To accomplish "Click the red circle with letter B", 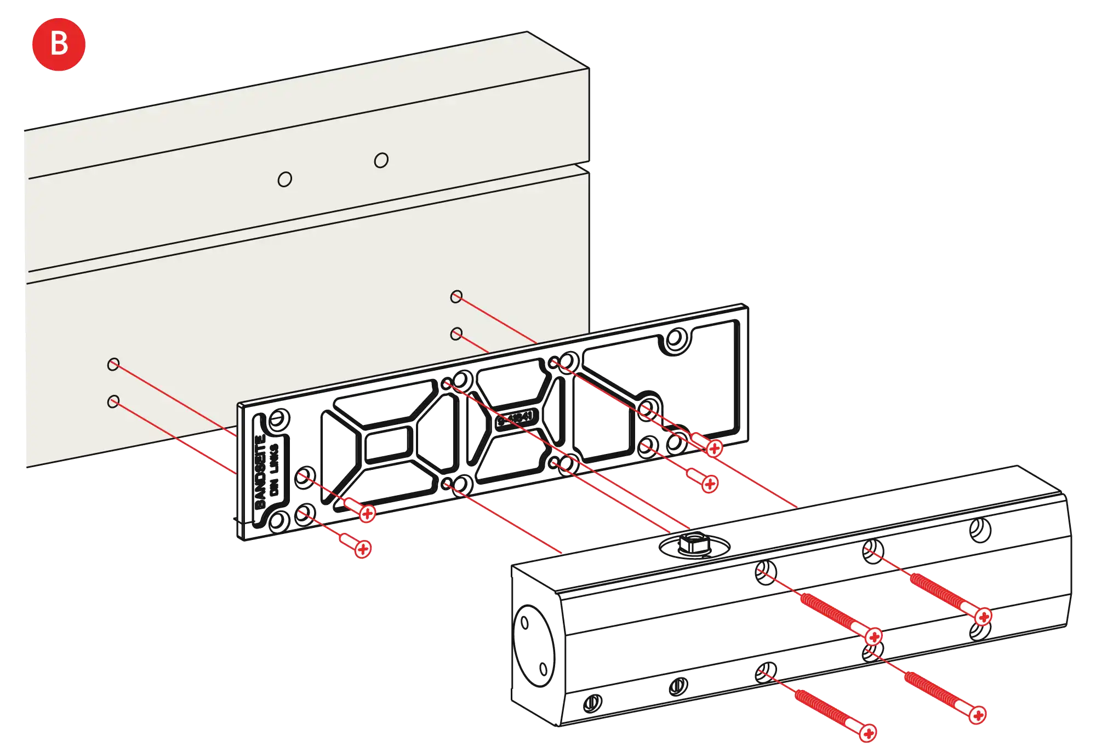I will tap(59, 44).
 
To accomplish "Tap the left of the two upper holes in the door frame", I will tap(284, 179).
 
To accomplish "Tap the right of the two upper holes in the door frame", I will tap(381, 160).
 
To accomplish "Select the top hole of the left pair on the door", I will tap(113, 364).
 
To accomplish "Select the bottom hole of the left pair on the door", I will tap(113, 402).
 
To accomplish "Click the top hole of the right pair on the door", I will tap(456, 296).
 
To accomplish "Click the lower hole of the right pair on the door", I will tap(456, 334).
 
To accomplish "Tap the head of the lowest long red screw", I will tap(867, 733).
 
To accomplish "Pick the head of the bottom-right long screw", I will tap(978, 715).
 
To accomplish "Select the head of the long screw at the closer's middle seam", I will tap(874, 636).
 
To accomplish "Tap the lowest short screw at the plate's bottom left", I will tap(362, 549).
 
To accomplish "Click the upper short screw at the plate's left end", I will tap(367, 513).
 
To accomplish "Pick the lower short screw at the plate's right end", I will tap(710, 484).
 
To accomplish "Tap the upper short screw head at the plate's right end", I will tap(714, 449).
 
